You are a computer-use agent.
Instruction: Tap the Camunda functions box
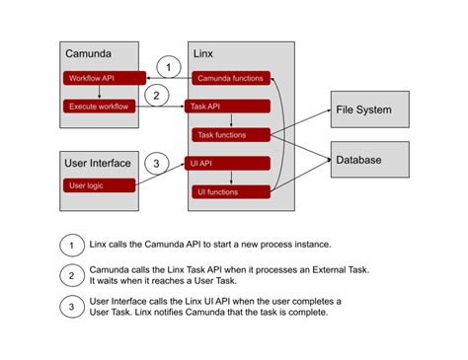tap(230, 77)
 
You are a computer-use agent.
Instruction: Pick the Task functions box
tap(230, 134)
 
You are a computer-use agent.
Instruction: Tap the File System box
tap(368, 109)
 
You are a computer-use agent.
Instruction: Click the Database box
tap(368, 158)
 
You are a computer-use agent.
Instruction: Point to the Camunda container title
tap(89, 52)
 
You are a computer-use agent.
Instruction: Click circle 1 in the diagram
tap(169, 67)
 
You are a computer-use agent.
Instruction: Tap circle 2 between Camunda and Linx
tap(154, 96)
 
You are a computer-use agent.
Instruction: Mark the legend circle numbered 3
tap(70, 308)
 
